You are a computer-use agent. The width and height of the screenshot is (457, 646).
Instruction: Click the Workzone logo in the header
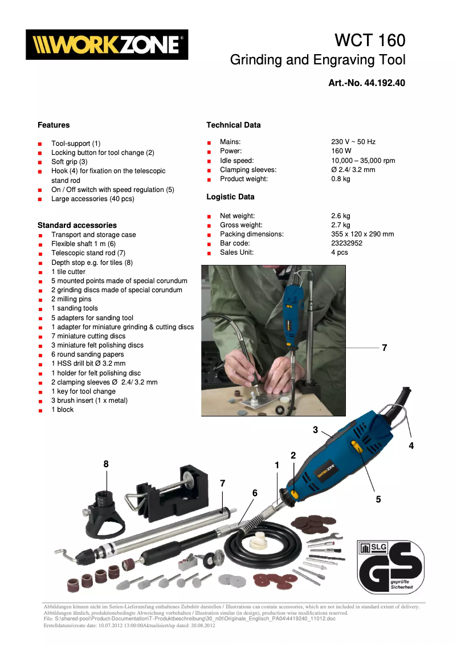point(107,45)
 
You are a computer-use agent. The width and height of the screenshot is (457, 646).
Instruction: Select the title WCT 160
point(370,40)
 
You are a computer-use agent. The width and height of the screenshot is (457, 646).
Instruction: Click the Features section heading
point(54,125)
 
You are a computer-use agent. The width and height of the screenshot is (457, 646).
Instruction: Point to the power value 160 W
point(341,151)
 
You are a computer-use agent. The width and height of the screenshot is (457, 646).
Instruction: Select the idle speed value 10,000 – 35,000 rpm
point(363,161)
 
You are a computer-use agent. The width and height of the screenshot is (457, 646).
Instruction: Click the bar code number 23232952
point(346,243)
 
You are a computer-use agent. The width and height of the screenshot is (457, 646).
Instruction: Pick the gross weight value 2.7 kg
point(341,225)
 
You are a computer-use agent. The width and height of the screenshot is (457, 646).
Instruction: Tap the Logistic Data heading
point(230,197)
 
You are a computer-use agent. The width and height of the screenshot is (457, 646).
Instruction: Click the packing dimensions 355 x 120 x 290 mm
point(362,234)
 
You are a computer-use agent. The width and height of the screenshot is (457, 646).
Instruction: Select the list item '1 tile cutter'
point(68,272)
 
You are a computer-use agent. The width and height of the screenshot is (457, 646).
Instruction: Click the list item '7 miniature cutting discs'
point(88,336)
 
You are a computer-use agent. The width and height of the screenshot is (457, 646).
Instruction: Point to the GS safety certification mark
point(390,566)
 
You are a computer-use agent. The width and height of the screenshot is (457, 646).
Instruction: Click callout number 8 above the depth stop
point(106,464)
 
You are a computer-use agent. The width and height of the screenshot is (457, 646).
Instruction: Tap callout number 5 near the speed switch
point(378,499)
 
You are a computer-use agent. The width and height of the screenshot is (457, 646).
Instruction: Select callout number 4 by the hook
point(411,446)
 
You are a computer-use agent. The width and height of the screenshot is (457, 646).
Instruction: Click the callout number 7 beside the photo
point(385,347)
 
